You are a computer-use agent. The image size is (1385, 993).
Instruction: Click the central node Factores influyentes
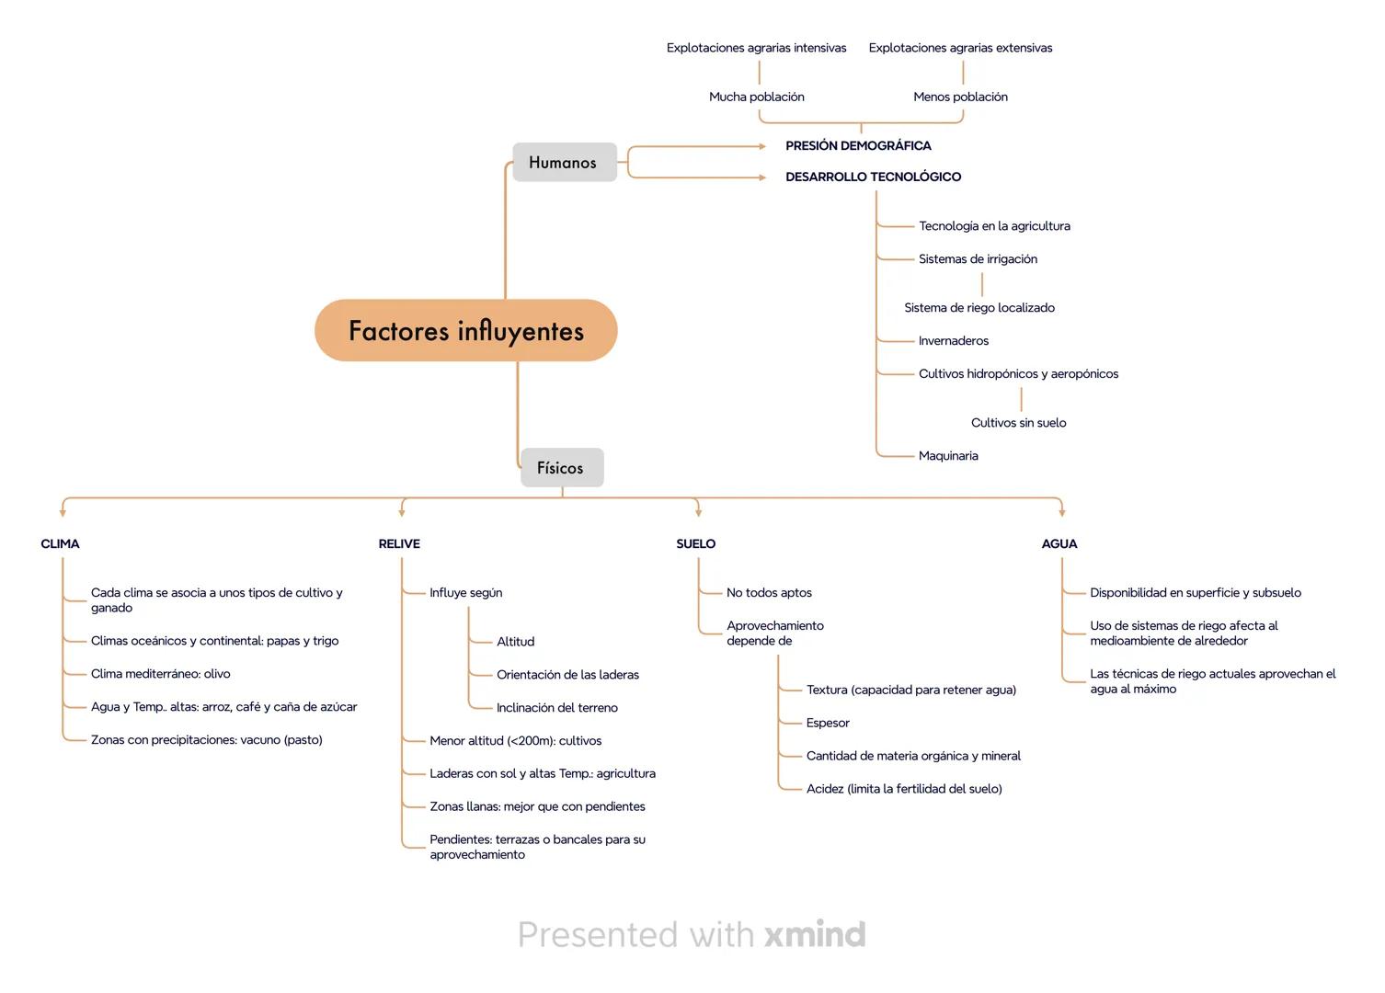465,330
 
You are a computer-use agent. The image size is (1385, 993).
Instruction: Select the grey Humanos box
564,163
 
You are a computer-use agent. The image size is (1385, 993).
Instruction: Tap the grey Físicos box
561,468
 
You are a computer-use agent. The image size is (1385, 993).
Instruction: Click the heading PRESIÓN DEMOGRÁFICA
858,146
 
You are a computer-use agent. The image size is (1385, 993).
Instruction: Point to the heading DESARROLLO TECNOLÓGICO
873,177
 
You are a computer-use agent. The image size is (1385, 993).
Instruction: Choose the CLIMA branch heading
61,544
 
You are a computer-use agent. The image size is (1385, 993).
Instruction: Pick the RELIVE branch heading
399,544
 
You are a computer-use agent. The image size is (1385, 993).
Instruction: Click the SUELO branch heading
695,544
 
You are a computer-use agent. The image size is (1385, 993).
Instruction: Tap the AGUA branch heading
1059,544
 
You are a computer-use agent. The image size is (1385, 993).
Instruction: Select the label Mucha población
756,97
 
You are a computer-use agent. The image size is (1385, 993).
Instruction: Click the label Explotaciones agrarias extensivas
960,48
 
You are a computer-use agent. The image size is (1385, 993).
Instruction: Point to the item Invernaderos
953,341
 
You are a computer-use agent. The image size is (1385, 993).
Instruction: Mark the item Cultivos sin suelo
1018,423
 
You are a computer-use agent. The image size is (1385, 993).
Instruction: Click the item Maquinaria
948,456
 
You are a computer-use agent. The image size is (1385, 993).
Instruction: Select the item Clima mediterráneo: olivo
160,674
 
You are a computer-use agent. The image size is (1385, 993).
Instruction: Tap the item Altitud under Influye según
515,642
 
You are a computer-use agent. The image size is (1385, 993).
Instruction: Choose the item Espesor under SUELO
828,723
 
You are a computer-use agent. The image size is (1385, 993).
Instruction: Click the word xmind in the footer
815,935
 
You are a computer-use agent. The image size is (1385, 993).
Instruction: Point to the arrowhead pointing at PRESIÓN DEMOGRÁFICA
762,146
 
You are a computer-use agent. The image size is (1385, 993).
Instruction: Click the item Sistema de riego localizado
979,308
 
